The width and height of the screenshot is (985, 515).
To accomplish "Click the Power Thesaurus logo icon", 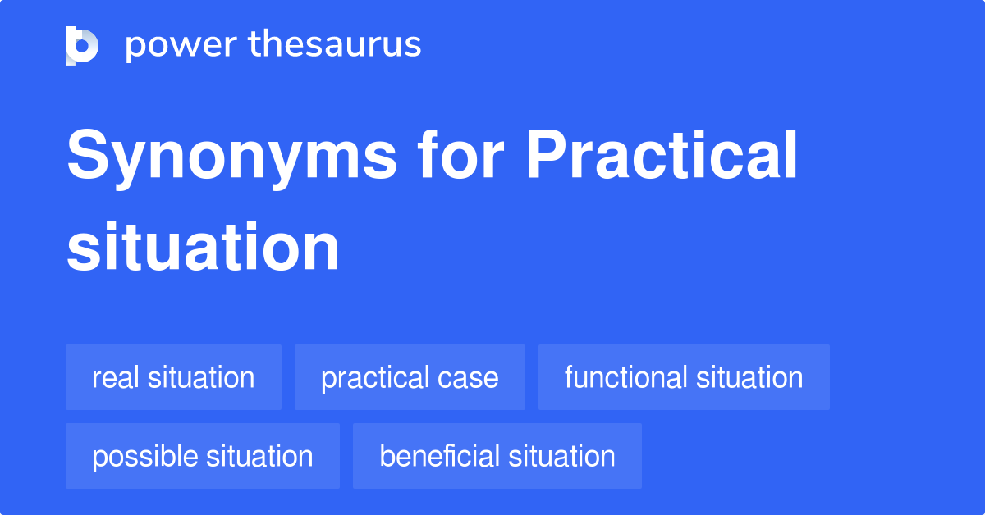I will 82,45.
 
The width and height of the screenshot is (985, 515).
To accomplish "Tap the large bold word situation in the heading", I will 203,248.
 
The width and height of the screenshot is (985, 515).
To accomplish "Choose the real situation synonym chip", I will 173,377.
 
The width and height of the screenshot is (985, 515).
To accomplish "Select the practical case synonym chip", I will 410,377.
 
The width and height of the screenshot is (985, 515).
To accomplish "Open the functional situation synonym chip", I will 684,377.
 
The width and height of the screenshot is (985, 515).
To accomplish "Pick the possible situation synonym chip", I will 202,456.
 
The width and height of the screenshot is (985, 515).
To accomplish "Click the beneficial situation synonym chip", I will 497,456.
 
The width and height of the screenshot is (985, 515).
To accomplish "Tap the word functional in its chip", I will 625,377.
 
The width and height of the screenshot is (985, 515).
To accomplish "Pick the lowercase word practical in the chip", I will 374,377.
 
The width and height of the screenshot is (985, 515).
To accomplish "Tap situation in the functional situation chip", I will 749,377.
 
